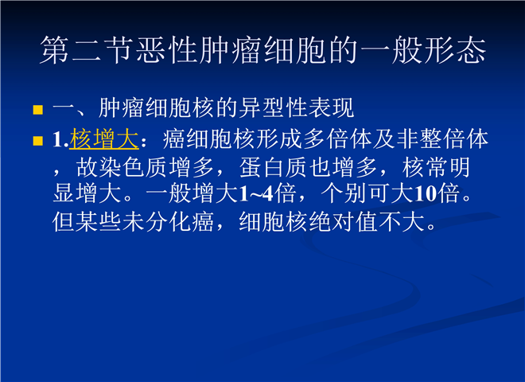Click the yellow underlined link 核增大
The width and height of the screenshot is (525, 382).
pos(103,139)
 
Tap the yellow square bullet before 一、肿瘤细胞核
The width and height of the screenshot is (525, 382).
pos(38,110)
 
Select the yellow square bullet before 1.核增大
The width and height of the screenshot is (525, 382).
pos(38,141)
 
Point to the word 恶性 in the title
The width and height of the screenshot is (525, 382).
pos(168,50)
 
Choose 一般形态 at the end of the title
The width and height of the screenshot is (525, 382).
pos(422,50)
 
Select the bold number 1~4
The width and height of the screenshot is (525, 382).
pos(256,193)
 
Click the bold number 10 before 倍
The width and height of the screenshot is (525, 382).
pos(426,193)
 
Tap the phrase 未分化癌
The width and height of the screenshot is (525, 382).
pos(168,221)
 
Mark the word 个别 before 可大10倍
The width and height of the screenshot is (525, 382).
pos(344,193)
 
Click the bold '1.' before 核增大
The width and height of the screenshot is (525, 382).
pos(60,140)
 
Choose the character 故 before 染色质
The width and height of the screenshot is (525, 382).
pos(87,167)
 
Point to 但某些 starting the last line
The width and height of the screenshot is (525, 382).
pos(87,221)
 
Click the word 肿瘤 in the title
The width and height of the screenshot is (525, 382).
pos(231,50)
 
